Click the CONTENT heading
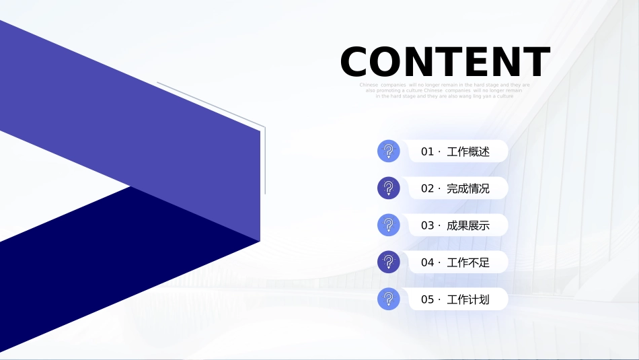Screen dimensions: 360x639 pyautogui.click(x=445, y=62)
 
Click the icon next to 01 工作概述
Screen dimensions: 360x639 pyautogui.click(x=389, y=151)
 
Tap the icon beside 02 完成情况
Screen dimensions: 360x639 pyautogui.click(x=389, y=188)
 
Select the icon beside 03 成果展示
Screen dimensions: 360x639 pyautogui.click(x=389, y=225)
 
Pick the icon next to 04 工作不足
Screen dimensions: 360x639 pyautogui.click(x=389, y=262)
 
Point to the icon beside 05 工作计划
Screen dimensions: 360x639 pyautogui.click(x=389, y=299)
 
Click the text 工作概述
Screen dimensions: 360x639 pyautogui.click(x=468, y=152)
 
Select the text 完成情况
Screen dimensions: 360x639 pyautogui.click(x=468, y=189)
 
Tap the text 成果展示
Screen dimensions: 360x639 pyautogui.click(x=468, y=226)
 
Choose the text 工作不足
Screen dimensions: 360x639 pyautogui.click(x=468, y=262)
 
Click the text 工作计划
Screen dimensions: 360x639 pyautogui.click(x=468, y=299)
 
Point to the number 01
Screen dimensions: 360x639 pyautogui.click(x=428, y=152)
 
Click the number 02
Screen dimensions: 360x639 pyautogui.click(x=428, y=189)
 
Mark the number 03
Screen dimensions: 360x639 pyautogui.click(x=428, y=226)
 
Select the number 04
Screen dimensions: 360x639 pyautogui.click(x=428, y=262)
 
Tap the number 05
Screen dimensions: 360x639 pyautogui.click(x=428, y=299)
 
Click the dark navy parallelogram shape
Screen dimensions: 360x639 pyautogui.click(x=101, y=269)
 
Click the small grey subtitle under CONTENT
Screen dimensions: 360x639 pyautogui.click(x=445, y=91)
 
